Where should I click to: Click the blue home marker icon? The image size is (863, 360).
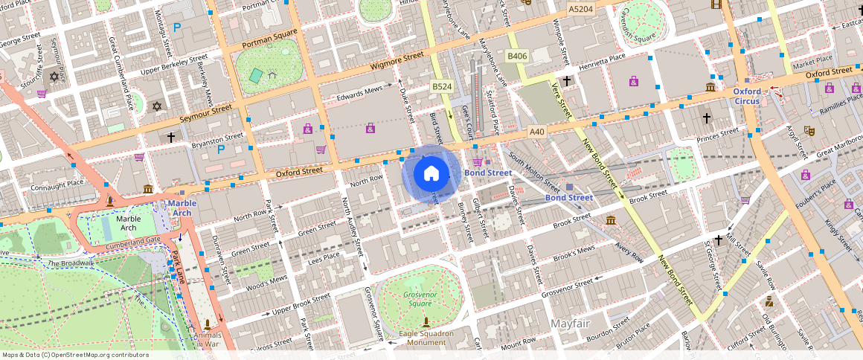(x=431, y=174)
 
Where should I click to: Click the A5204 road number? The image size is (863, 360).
(x=580, y=9)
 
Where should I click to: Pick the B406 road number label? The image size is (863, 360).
(x=517, y=57)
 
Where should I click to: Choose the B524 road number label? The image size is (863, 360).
(x=442, y=88)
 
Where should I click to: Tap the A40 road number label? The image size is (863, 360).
(x=537, y=132)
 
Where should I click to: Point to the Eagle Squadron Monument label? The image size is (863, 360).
(x=426, y=338)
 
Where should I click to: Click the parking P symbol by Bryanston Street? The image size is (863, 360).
(x=220, y=149)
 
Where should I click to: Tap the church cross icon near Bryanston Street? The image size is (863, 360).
(x=170, y=138)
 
